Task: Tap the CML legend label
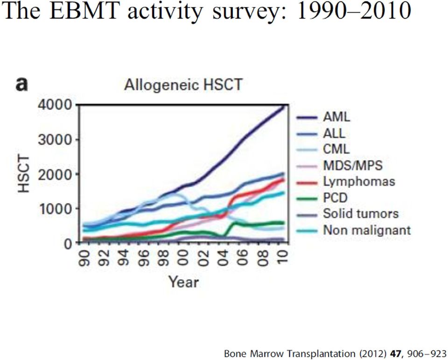pos(336,149)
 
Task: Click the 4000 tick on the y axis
pos(55,105)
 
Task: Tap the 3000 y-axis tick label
pos(55,139)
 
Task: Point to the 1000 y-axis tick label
pos(55,209)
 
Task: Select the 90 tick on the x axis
pos(84,258)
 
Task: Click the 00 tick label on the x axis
pos(183,258)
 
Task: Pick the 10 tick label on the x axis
pos(282,258)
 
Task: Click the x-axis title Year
pos(183,282)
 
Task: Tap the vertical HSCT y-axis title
pos(24,174)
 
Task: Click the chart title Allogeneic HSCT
pos(183,85)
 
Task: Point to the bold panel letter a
pos(22,84)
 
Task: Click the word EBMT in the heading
pos(84,11)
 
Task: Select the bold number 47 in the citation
pos(395,353)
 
